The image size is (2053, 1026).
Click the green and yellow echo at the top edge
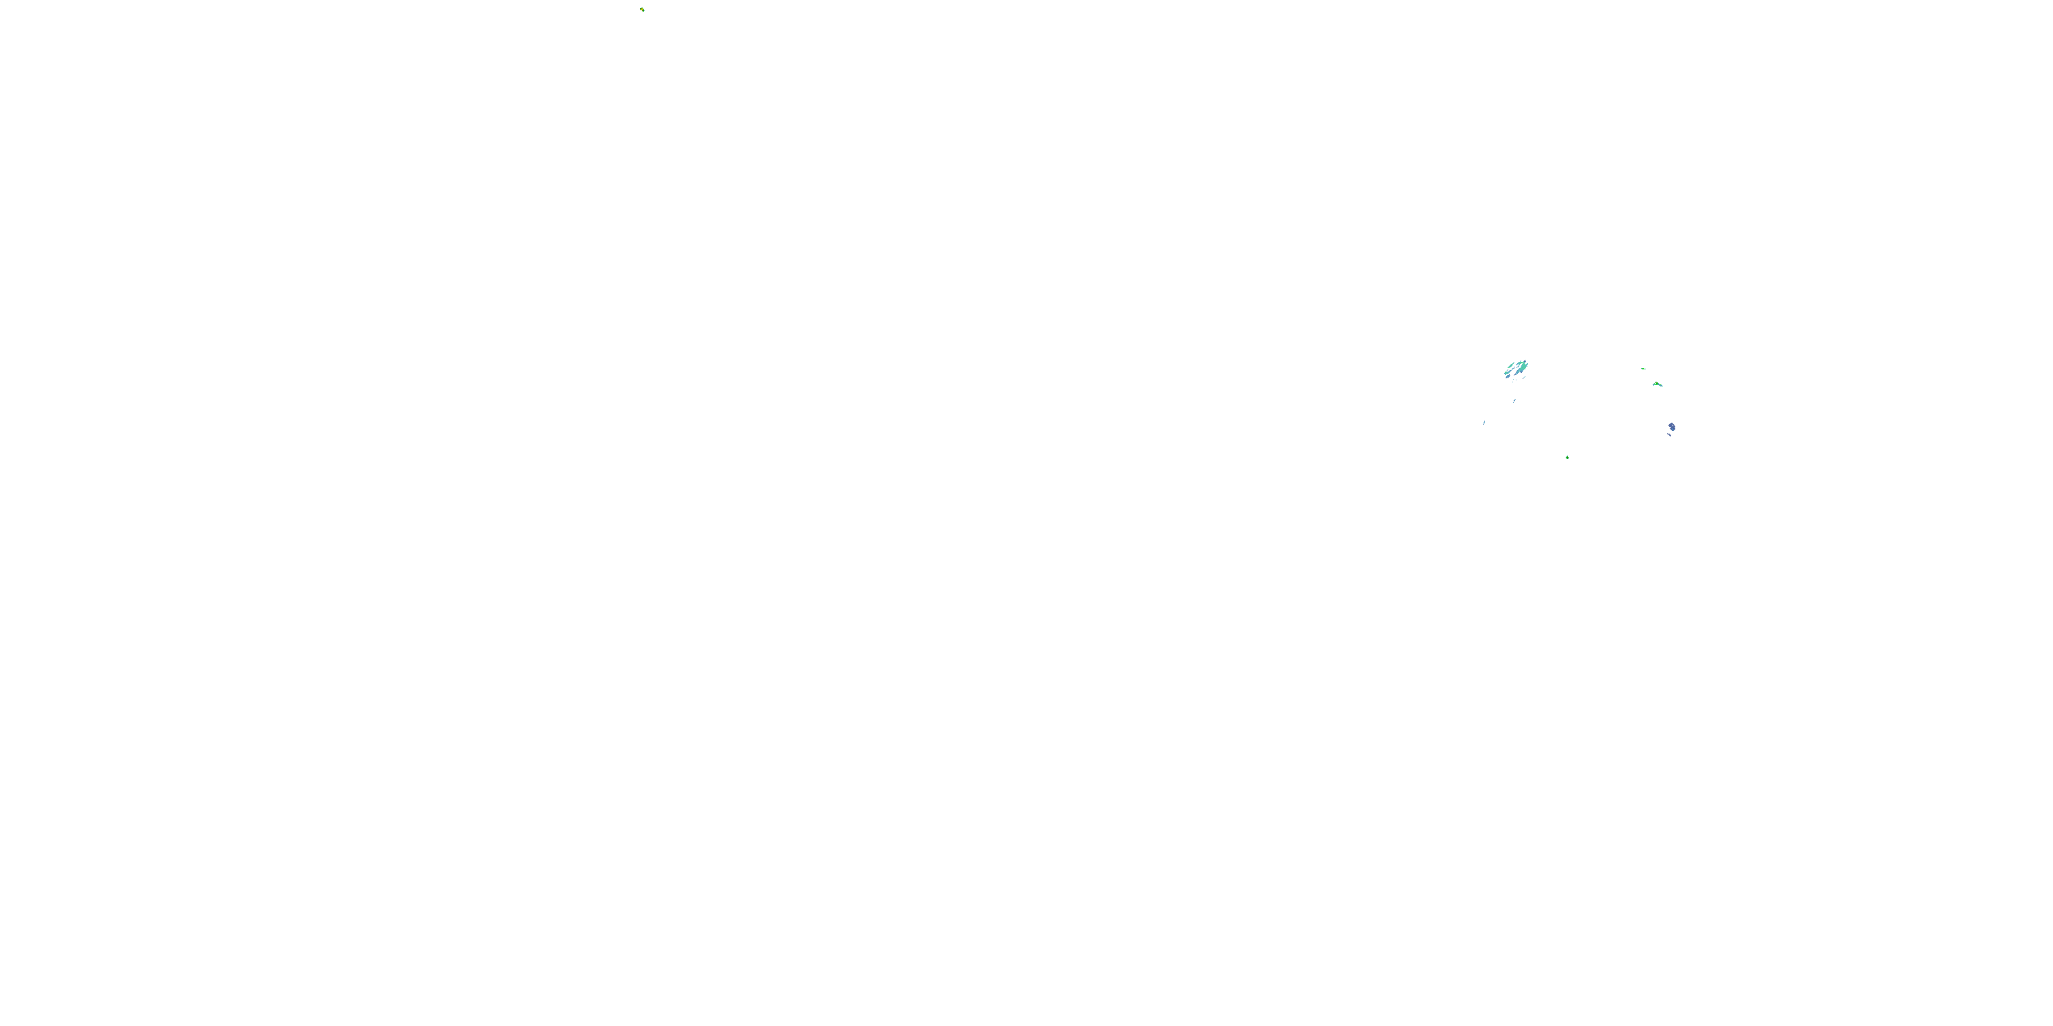pos(643,10)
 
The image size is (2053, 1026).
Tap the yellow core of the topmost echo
pos(643,10)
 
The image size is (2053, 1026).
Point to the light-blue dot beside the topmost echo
pos(645,11)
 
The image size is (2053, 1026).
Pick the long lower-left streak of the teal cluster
pos(1509,372)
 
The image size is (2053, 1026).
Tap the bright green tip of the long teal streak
pos(1506,372)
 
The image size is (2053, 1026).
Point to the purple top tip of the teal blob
pos(1525,362)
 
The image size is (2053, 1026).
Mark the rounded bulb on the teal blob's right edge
pos(1528,364)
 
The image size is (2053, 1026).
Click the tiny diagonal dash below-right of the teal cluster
pos(1525,378)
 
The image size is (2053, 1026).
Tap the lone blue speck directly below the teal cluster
pos(1515,401)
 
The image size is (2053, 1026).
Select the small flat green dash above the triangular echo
pos(1643,369)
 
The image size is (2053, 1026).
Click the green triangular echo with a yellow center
pos(1657,384)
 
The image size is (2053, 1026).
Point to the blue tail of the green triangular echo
pos(1662,386)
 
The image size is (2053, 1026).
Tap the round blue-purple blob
pos(1672,427)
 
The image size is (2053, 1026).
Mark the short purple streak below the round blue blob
pos(1670,435)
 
